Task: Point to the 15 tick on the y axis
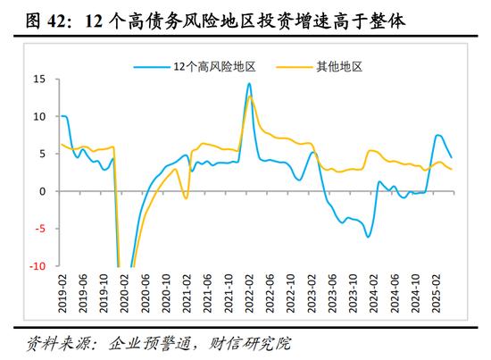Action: tap(39, 80)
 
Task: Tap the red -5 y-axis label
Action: tap(40, 229)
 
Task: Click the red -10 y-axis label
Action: tap(37, 266)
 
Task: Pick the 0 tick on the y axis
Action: tap(43, 191)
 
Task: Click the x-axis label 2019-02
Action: tap(62, 294)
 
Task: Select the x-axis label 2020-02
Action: tap(125, 294)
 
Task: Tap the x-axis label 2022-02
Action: tap(249, 294)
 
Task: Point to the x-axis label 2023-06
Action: tap(332, 294)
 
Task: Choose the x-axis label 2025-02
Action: tap(436, 294)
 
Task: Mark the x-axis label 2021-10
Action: tap(229, 294)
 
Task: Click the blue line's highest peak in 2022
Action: tap(249, 83)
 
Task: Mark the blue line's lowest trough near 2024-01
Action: tap(368, 237)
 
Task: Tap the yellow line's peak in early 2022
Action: tap(250, 96)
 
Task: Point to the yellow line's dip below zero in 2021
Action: tap(186, 198)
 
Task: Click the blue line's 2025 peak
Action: tap(437, 135)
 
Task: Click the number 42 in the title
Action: tap(57, 22)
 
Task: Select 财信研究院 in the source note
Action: tap(250, 344)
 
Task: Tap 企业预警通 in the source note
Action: tap(150, 344)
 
